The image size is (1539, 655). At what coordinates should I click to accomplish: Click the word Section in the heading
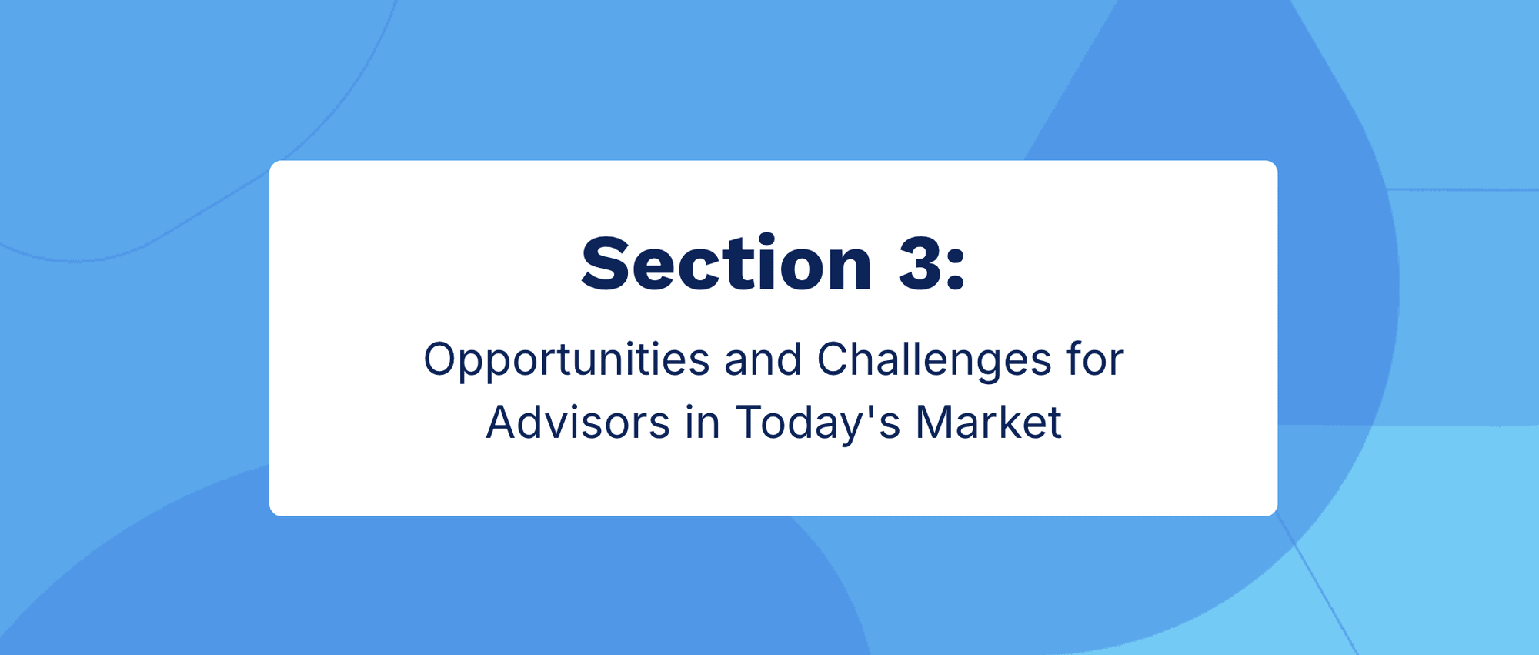726,263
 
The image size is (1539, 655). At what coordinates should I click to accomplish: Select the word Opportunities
566,360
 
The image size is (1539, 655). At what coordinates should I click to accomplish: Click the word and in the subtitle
763,359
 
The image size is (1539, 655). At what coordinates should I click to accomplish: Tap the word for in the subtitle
1095,359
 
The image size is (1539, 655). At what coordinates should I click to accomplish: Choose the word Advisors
578,423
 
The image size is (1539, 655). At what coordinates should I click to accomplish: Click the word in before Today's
703,423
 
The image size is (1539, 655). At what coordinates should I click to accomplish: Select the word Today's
817,423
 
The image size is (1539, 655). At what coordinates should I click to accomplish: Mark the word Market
989,423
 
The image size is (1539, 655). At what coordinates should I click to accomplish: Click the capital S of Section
604,263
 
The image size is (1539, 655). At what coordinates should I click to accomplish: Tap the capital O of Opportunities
442,359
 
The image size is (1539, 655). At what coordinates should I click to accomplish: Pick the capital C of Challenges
834,359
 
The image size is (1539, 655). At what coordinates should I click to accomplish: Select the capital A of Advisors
503,423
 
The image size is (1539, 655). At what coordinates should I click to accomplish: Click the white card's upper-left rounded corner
273,165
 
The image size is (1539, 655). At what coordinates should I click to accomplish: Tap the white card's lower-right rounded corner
1274,512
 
